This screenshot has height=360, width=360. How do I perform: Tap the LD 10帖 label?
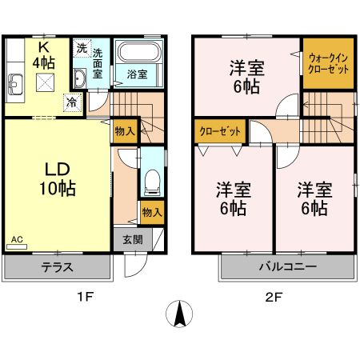[55, 179]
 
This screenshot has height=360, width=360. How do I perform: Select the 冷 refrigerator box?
[72, 102]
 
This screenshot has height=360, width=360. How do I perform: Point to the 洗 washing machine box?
[81, 47]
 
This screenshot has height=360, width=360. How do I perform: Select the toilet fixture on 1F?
[152, 182]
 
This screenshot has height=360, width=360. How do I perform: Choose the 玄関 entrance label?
[134, 239]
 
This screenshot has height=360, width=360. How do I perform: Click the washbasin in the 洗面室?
[81, 78]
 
